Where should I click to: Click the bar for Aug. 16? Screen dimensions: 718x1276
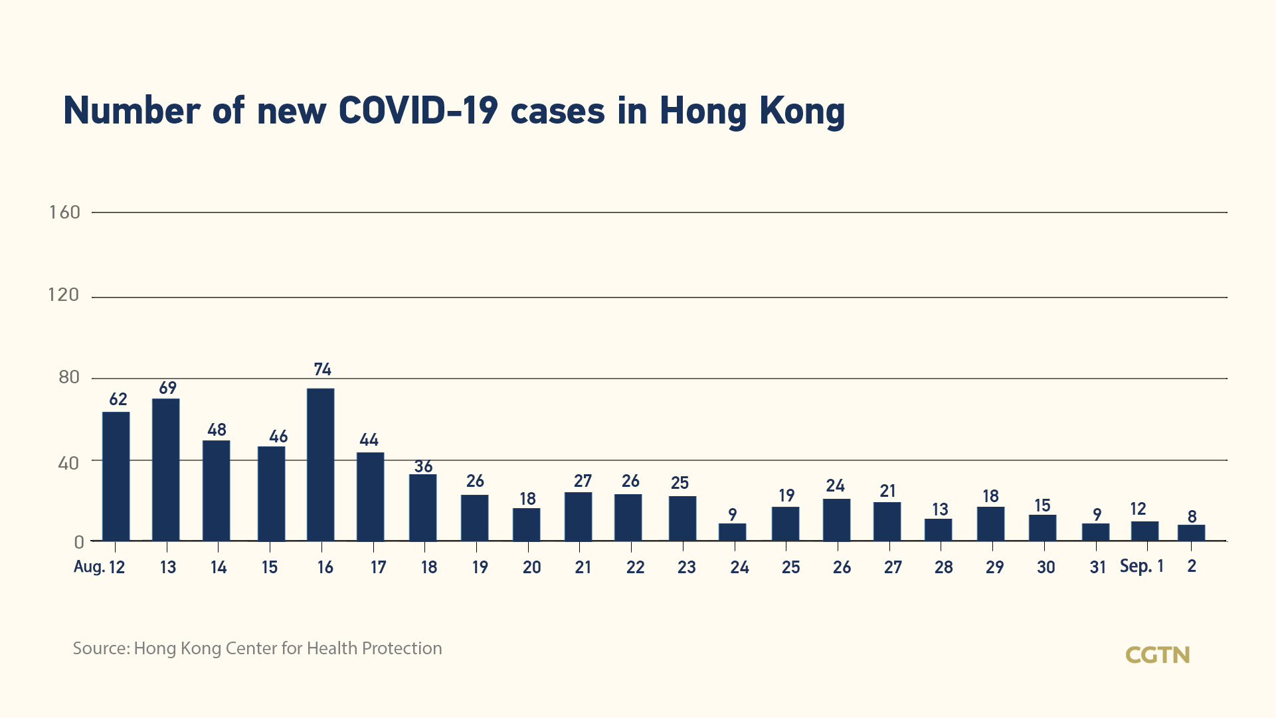(x=321, y=464)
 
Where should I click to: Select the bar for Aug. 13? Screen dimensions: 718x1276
(x=166, y=470)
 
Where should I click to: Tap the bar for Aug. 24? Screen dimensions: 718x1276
(x=733, y=532)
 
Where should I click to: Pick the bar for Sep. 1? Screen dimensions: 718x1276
(x=1145, y=531)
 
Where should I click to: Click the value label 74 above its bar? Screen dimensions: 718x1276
(x=323, y=369)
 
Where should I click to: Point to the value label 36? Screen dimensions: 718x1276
(x=424, y=466)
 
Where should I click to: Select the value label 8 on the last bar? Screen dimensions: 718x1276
(x=1192, y=516)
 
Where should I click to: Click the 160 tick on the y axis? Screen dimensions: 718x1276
(x=64, y=213)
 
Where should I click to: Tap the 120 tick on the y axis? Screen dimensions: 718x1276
(x=64, y=295)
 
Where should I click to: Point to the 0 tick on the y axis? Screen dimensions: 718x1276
(x=79, y=542)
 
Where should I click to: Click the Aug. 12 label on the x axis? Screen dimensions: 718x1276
(x=100, y=567)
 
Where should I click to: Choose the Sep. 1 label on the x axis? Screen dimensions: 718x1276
(x=1142, y=566)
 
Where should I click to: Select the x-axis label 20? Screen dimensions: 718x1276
(x=532, y=567)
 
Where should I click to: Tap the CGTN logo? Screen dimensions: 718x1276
(x=1158, y=656)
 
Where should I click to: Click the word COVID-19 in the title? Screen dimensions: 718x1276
(x=418, y=111)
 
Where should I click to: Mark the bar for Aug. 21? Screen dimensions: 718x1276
(x=579, y=517)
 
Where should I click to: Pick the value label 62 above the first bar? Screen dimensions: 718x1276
(x=118, y=399)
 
